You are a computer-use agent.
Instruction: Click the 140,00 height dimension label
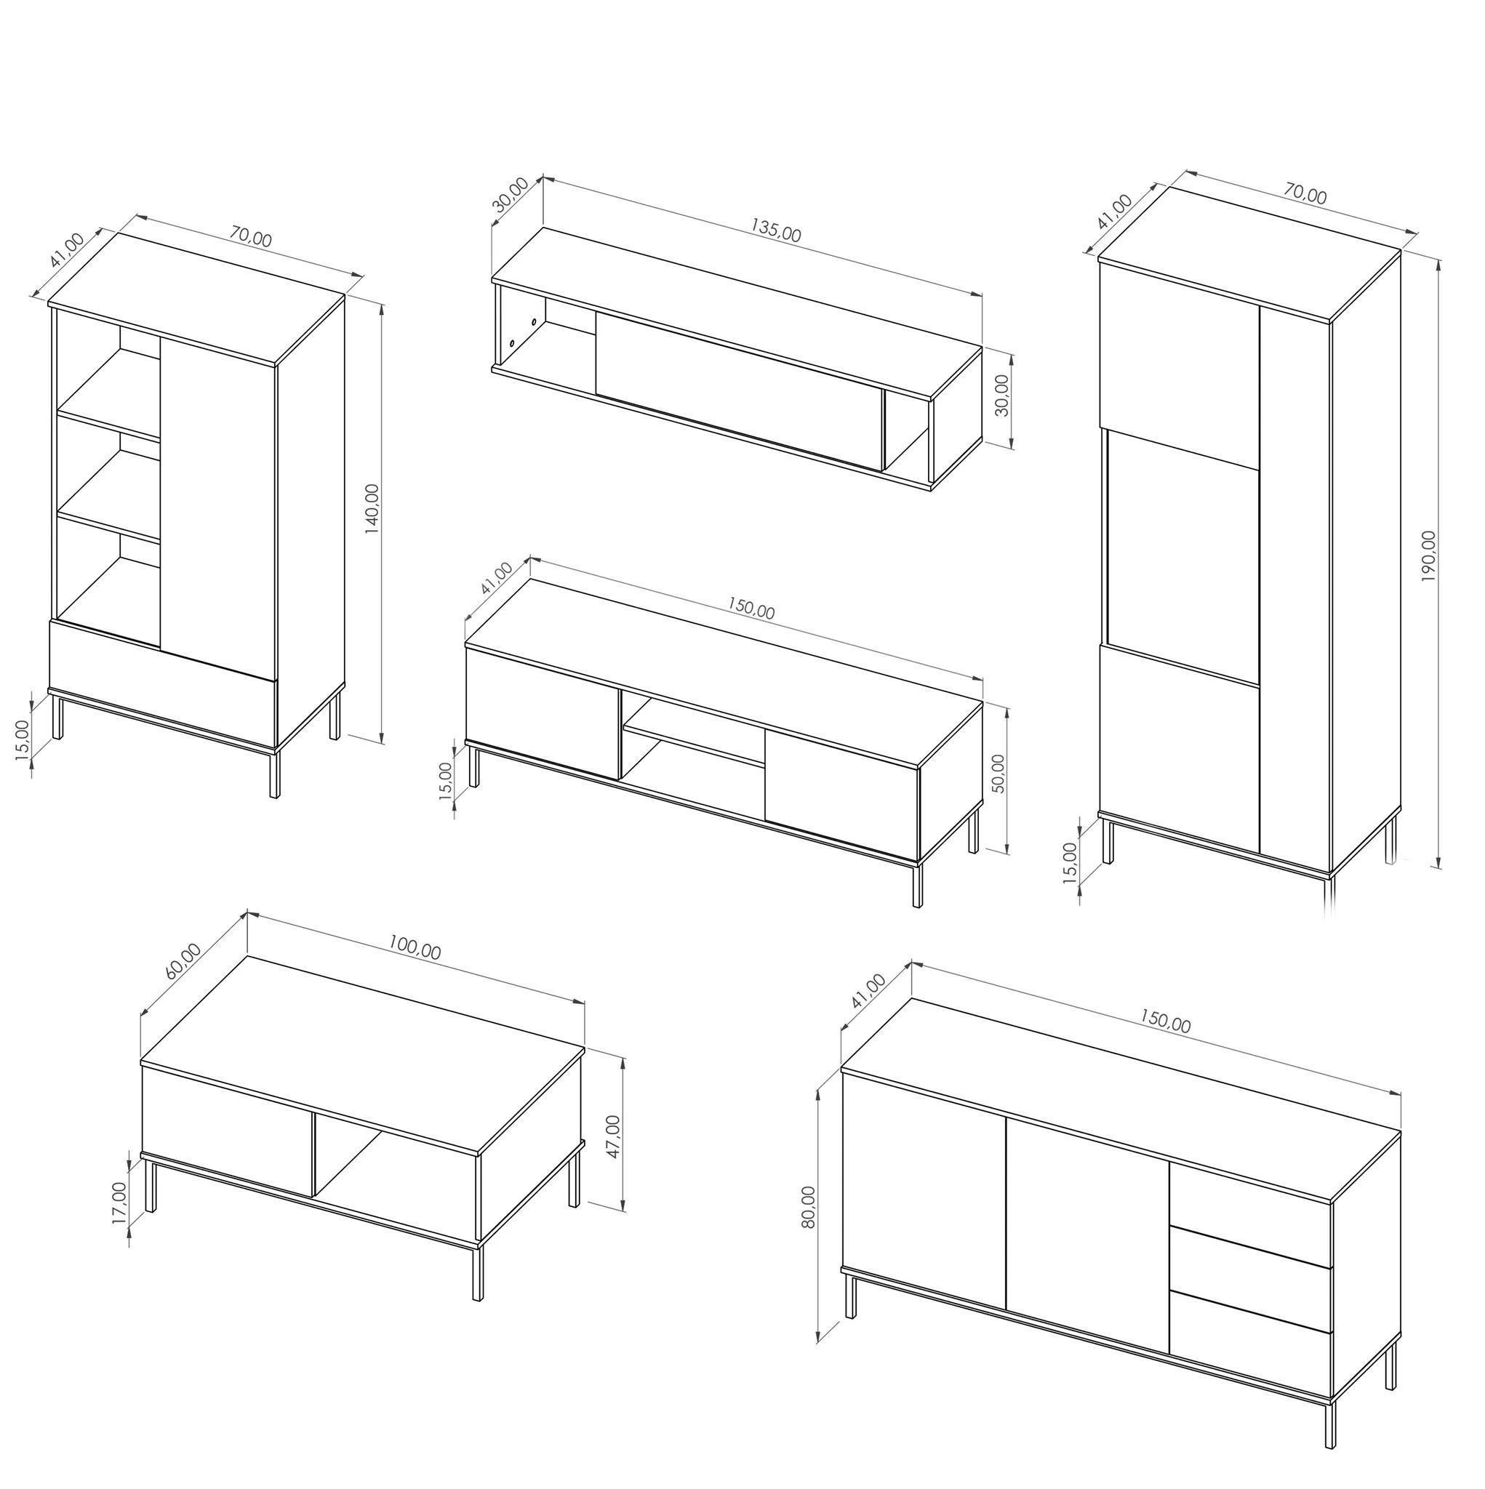372,509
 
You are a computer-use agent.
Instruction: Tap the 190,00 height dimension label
1429,555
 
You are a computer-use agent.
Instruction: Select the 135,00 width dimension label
777,230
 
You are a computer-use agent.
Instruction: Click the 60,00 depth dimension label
183,960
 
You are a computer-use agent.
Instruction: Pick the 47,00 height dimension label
613,1136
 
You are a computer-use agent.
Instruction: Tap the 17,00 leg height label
119,1203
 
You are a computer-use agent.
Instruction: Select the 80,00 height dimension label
808,1207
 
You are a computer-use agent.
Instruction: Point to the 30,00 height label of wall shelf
1001,396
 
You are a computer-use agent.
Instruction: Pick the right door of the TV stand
841,795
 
